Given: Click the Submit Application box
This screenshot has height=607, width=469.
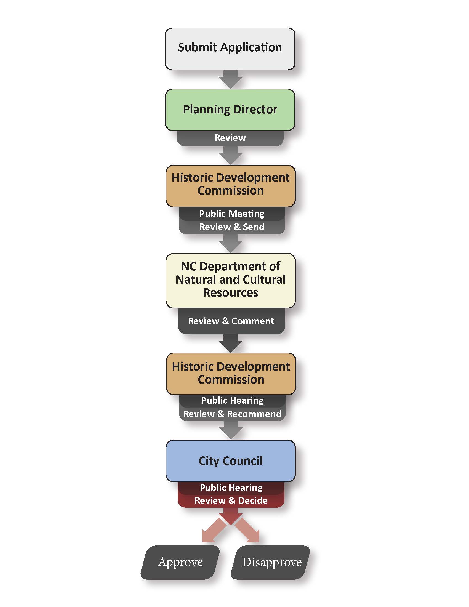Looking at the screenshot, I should point(230,49).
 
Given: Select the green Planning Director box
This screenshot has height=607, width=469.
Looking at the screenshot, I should point(230,110).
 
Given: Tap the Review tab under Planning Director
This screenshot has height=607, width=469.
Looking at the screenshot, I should point(230,138).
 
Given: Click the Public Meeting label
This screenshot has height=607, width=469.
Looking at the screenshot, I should point(232,214).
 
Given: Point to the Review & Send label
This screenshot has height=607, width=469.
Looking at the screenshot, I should point(232,227).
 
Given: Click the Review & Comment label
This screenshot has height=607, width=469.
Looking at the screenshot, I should point(231,321).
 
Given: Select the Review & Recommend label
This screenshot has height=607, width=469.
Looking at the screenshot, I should point(232,414).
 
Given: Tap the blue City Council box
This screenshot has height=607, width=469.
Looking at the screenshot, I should point(230,461).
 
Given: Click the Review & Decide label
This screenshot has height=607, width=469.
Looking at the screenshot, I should point(231,500).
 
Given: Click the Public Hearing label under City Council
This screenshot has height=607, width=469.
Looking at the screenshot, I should point(231,488).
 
